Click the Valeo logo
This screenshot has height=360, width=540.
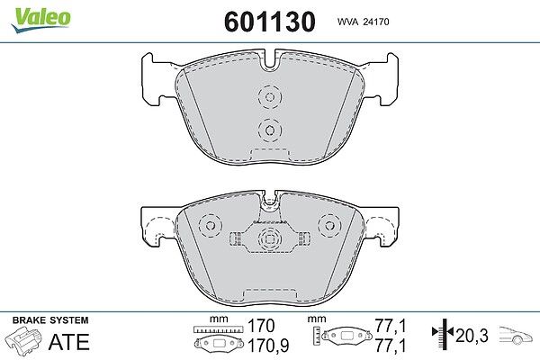click(40, 19)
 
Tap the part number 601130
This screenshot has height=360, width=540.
click(270, 22)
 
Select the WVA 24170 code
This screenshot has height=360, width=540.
click(363, 22)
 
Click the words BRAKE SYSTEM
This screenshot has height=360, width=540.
click(50, 320)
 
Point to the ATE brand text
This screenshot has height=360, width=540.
click(69, 341)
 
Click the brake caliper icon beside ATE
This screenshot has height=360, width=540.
click(23, 340)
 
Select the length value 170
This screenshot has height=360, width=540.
click(261, 326)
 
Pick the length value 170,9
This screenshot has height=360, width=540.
click(268, 346)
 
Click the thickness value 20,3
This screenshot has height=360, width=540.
click(472, 335)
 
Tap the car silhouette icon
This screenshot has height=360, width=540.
click(516, 335)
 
